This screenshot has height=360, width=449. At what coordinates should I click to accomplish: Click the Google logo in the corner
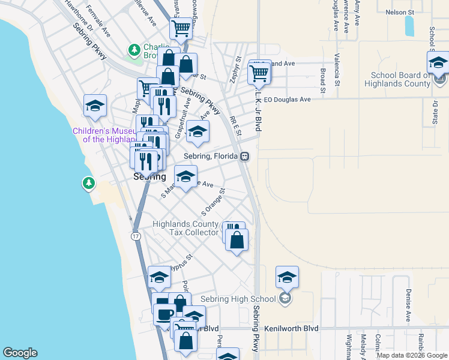(20, 353)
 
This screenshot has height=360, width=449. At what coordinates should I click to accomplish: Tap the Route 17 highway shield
(136, 237)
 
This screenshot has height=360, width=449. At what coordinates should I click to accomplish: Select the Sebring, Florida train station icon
(245, 157)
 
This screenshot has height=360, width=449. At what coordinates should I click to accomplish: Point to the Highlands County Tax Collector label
(185, 228)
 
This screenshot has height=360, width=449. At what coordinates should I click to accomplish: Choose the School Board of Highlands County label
(400, 80)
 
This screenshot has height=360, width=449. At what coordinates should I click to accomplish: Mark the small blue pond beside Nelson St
(409, 26)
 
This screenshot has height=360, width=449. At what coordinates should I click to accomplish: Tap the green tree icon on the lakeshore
(89, 182)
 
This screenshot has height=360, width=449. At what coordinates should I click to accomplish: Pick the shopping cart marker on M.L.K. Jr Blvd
(259, 73)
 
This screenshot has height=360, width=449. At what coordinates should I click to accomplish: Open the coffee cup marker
(164, 314)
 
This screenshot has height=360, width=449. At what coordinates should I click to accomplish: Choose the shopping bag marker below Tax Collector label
(238, 241)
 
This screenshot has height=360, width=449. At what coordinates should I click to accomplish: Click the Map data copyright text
(411, 355)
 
